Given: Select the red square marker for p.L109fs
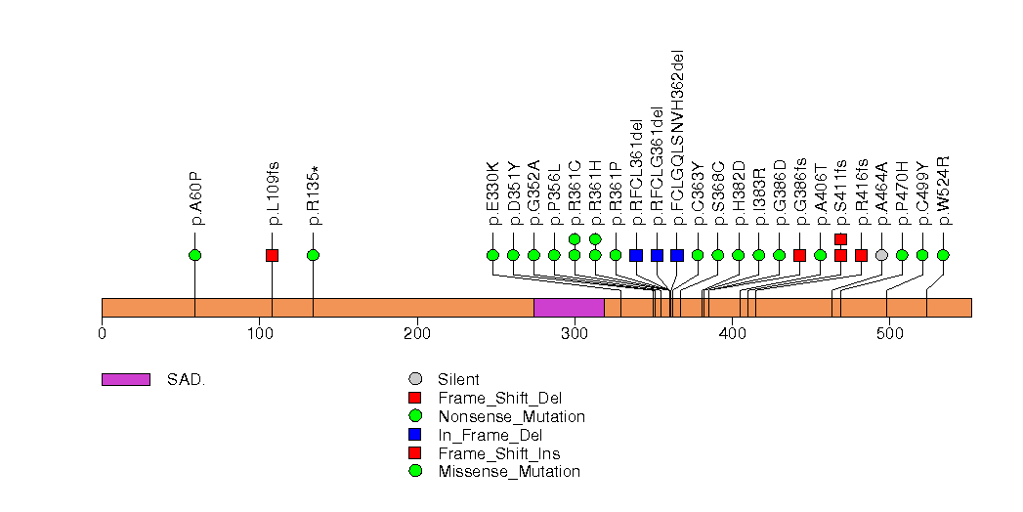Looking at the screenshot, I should click(272, 255).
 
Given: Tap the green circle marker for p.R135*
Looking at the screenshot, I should click(313, 255).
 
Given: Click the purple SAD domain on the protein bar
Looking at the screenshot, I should click(569, 308).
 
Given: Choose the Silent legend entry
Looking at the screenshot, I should click(458, 379).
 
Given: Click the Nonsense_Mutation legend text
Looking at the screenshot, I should click(512, 416).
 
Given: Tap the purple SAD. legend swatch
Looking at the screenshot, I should click(125, 379).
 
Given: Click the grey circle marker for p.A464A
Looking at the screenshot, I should click(881, 255).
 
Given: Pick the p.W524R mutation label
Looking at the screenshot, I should click(943, 191).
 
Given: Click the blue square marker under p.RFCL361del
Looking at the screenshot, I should click(636, 255).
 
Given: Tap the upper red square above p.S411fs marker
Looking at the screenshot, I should click(840, 238).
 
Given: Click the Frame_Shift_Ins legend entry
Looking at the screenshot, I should click(499, 453).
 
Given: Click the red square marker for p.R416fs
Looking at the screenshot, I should click(861, 255).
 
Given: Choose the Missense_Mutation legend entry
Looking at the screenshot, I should click(509, 472).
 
